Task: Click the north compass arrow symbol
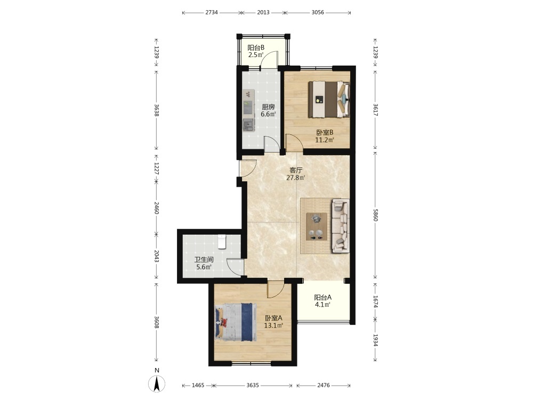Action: [x=157, y=384]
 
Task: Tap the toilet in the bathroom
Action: [x=222, y=242]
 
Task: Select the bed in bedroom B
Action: [x=329, y=99]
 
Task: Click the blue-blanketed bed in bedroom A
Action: [x=236, y=322]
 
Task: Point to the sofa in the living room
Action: [x=341, y=226]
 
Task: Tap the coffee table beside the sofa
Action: [x=317, y=227]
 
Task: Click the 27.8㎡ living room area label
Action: [x=295, y=178]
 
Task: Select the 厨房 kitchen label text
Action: [x=268, y=107]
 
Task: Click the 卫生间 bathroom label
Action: [x=204, y=260]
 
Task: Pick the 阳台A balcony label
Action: [x=322, y=297]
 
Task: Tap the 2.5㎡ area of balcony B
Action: [x=256, y=55]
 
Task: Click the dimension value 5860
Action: [x=375, y=214]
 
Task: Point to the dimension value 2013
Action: [x=263, y=13]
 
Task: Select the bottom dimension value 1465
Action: [x=198, y=386]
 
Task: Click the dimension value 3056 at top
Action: [x=318, y=13]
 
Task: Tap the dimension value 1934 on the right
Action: [x=375, y=340]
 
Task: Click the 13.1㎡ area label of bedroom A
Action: [x=273, y=326]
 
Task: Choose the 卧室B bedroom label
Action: [x=325, y=132]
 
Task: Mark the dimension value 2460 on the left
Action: [x=156, y=208]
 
